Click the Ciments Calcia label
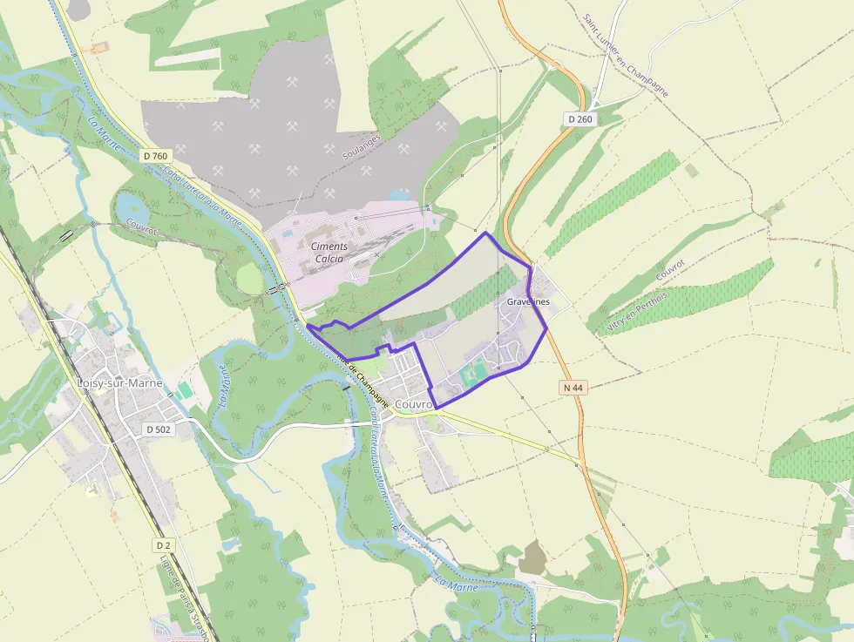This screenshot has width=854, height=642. [329, 253]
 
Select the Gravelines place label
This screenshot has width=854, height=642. [528, 301]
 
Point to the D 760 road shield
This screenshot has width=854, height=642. [154, 156]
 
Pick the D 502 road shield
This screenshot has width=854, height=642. [158, 429]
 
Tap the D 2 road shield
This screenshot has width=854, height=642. [162, 545]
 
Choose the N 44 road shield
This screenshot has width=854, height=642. [572, 386]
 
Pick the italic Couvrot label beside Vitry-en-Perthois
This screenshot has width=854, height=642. [671, 270]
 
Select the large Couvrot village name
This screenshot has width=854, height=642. [414, 405]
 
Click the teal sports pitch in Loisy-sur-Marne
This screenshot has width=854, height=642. [184, 391]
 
